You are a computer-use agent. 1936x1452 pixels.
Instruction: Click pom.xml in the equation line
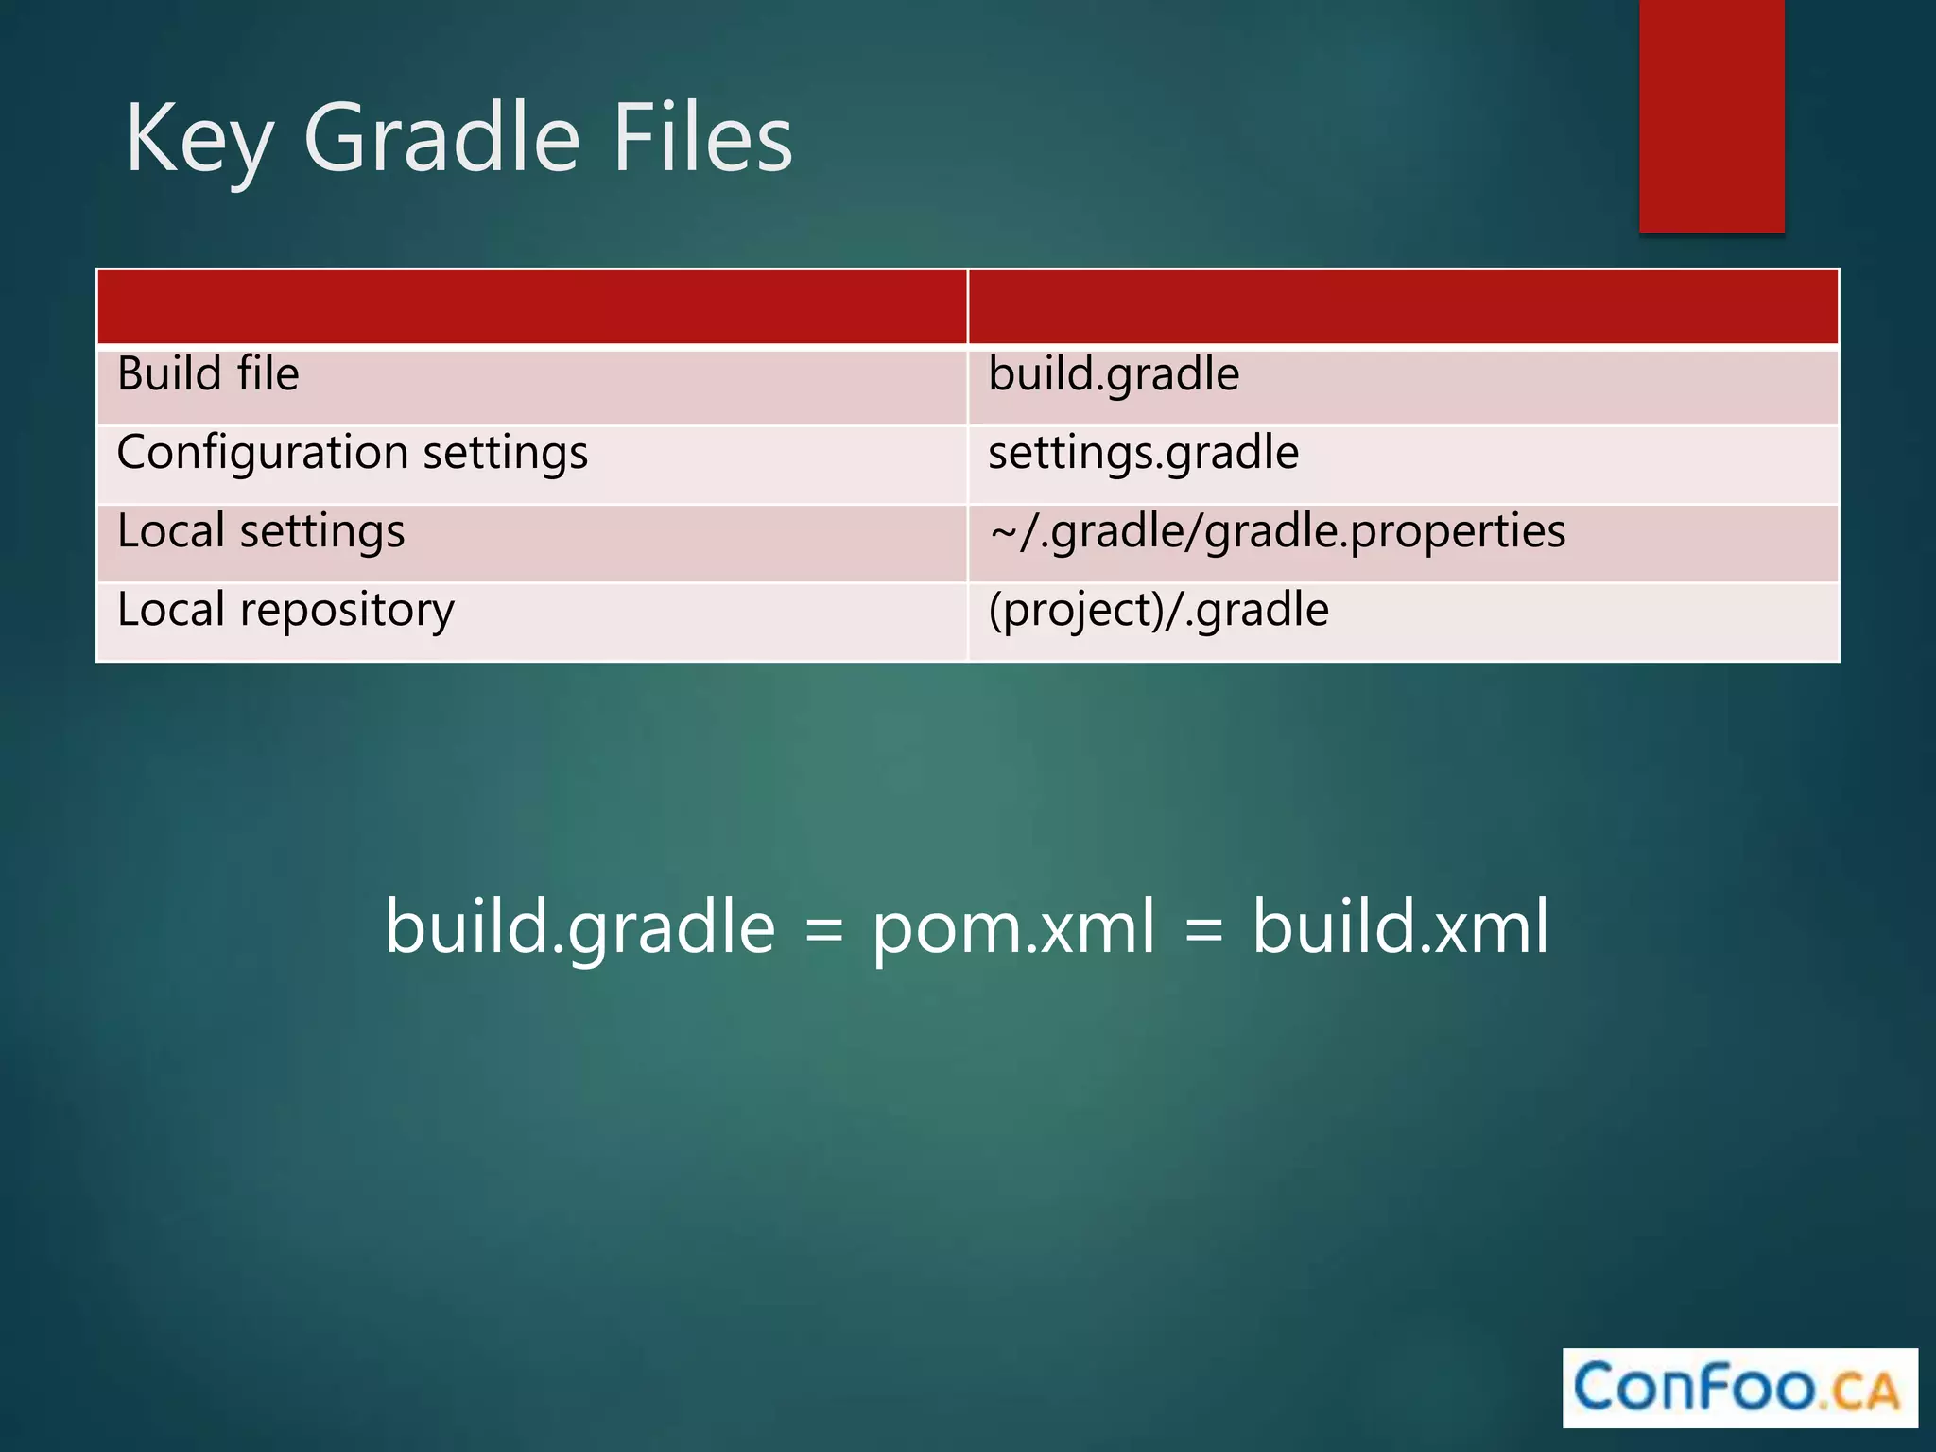(x=1012, y=927)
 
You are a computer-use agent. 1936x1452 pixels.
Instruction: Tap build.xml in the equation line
(x=1400, y=927)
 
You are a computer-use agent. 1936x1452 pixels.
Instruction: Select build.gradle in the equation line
(x=580, y=927)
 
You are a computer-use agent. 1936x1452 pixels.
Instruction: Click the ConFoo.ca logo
(x=1738, y=1388)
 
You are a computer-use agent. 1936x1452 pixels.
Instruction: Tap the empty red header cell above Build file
(x=532, y=307)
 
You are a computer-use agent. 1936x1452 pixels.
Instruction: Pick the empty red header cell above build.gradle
(x=1403, y=307)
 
